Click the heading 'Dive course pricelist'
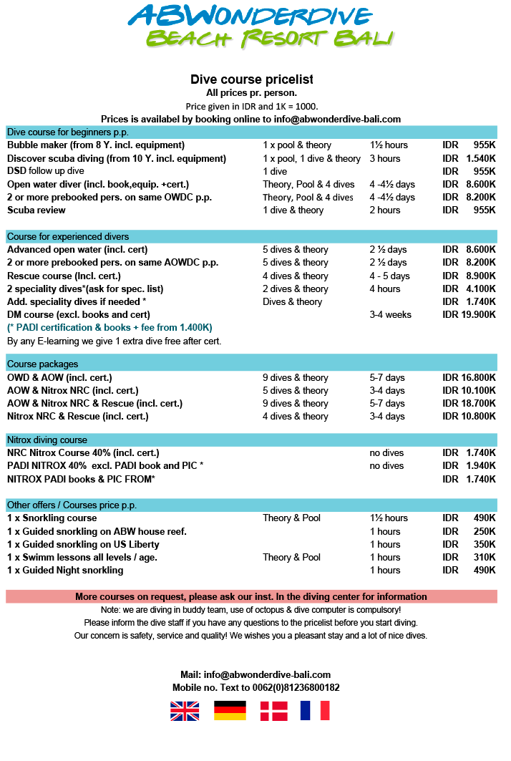pos(251,79)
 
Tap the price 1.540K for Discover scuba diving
pos(480,158)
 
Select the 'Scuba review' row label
pos(36,210)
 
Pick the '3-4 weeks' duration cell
pos(391,314)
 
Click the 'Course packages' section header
pos(43,364)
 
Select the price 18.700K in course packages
pos(477,403)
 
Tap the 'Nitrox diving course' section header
pos(47,440)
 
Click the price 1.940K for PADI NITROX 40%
pos(480,466)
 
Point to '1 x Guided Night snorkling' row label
pos(65,571)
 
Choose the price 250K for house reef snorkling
pos(484,531)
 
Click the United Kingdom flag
pos(185,710)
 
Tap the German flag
pos(230,710)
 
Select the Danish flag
pos(273,710)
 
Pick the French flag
pos(315,710)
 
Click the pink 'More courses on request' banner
pos(251,596)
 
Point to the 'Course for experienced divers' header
pos(68,236)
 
